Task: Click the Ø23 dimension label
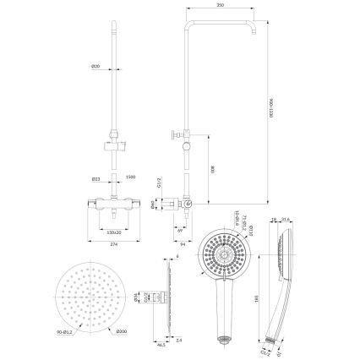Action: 98,178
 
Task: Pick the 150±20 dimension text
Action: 114,229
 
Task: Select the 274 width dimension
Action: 114,244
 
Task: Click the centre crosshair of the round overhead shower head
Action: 85,299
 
